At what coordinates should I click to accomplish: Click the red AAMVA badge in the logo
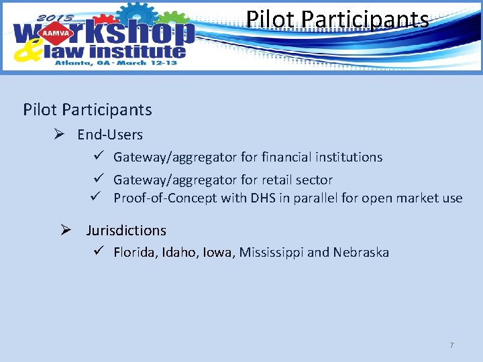point(56,32)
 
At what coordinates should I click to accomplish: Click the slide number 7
point(451,345)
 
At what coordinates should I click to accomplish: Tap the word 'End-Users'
point(110,135)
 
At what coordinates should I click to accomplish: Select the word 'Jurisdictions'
point(126,231)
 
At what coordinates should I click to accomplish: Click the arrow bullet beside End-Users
point(59,135)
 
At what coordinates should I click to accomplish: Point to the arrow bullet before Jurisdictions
point(66,231)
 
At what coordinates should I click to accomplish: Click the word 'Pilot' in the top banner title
point(266,19)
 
